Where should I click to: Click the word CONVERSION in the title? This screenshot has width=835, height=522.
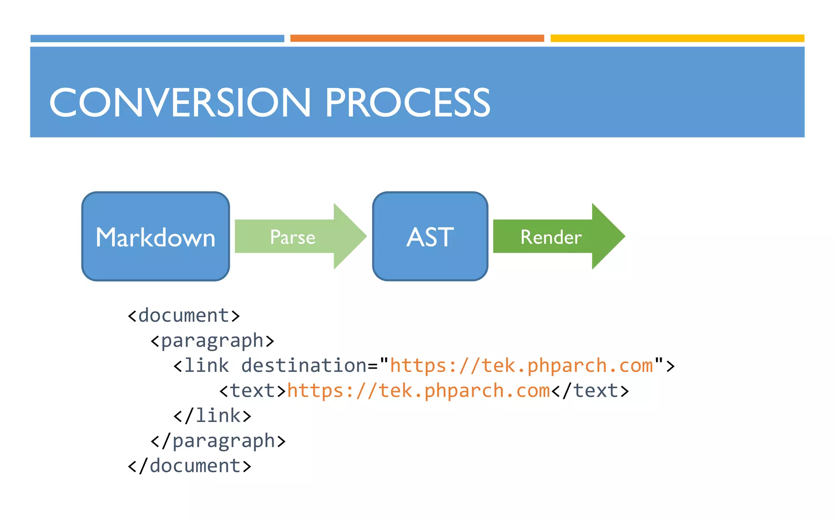(x=179, y=103)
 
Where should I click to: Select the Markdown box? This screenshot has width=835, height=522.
(x=155, y=237)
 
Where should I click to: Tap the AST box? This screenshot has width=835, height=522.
(x=430, y=237)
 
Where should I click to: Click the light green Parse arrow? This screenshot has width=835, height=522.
(x=293, y=237)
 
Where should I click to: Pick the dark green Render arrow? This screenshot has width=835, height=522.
(x=551, y=237)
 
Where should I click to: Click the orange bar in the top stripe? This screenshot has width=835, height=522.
(x=417, y=38)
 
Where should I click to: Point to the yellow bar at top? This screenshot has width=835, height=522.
(x=677, y=38)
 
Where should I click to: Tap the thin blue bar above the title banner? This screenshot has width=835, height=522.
(x=157, y=38)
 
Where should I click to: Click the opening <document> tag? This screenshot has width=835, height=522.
(x=183, y=316)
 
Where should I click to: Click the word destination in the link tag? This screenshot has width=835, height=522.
(x=304, y=366)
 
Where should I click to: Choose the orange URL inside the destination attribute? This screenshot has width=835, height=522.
(x=521, y=366)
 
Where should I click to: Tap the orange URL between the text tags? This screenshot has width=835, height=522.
(x=418, y=391)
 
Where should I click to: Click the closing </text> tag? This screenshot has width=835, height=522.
(x=590, y=391)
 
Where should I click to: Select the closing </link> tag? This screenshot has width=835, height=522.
(x=212, y=416)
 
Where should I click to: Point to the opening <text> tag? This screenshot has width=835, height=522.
(x=253, y=391)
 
